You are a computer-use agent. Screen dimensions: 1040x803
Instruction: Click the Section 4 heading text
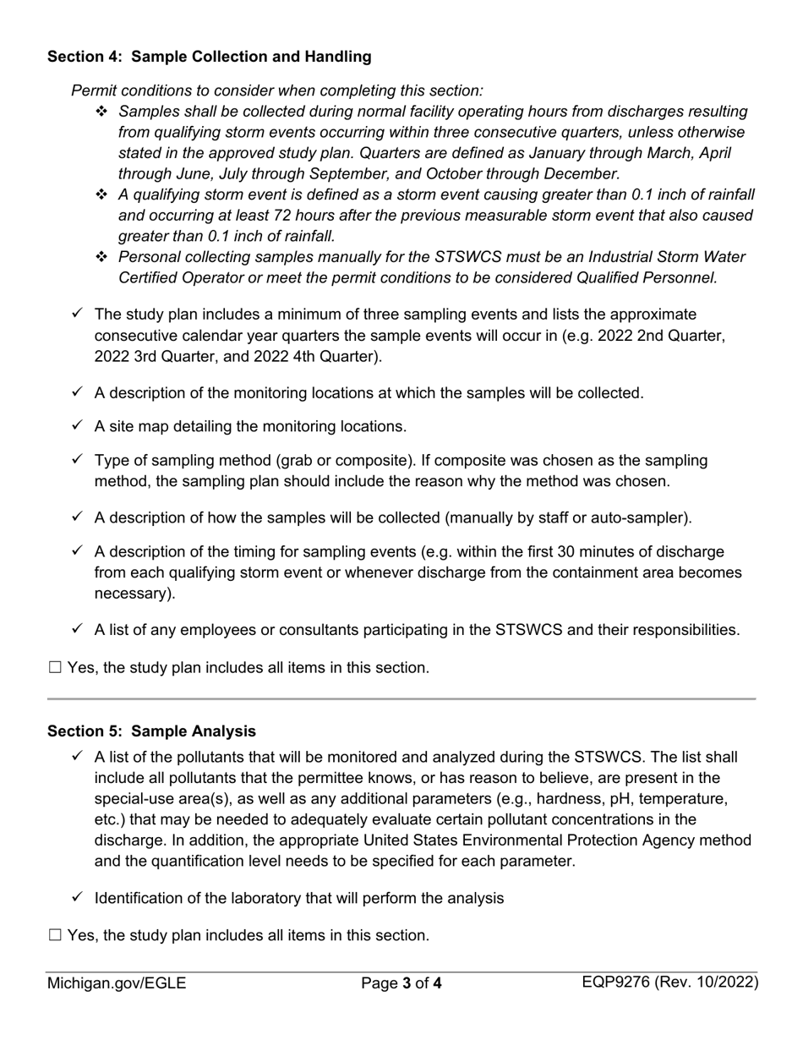(209, 57)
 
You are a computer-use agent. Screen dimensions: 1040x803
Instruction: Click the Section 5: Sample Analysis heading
(151, 731)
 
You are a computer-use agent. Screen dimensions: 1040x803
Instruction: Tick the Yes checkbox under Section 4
(56, 668)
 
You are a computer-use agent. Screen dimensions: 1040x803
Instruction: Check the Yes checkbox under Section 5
(56, 936)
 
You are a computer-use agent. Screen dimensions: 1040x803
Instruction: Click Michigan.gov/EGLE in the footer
(117, 983)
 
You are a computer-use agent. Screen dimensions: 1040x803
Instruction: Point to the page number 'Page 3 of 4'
(401, 983)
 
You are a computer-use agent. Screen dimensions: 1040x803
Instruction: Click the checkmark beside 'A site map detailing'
(78, 426)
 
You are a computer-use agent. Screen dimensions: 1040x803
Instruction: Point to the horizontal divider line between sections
(401, 699)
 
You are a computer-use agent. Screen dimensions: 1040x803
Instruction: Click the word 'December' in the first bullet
(582, 174)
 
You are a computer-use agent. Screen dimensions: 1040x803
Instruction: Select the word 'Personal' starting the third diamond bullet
(149, 257)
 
